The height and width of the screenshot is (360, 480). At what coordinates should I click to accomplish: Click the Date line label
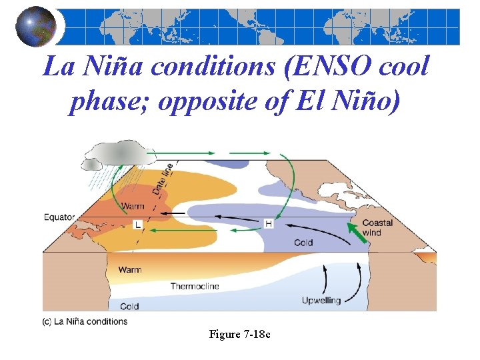[x=163, y=179]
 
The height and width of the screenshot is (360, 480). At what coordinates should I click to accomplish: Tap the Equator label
[x=59, y=217]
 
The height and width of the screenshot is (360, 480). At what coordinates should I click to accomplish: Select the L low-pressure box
[x=138, y=225]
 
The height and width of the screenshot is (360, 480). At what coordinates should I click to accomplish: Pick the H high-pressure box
[x=268, y=224]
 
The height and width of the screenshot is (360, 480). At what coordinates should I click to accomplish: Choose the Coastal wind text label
[x=377, y=227]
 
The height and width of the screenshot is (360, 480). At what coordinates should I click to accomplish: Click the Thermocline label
[x=194, y=287]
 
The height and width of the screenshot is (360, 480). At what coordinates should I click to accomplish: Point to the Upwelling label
[x=321, y=301]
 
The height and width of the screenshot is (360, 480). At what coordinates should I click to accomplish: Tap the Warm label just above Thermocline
[x=130, y=270]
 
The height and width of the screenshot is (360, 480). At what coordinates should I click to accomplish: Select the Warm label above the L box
[x=133, y=207]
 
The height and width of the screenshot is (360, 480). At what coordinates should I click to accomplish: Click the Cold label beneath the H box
[x=303, y=243]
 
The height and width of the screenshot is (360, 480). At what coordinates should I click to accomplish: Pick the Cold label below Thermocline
[x=129, y=307]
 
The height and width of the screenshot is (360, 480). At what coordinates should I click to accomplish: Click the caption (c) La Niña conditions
[x=85, y=321]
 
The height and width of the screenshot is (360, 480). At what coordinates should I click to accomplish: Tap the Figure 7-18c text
[x=239, y=334]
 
